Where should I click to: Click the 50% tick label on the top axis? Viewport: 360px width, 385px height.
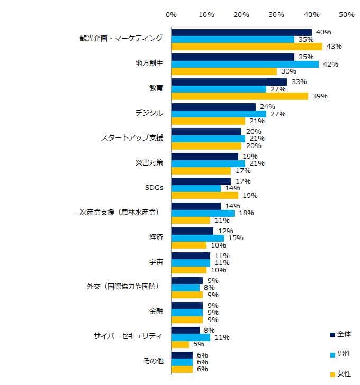coord(346,14)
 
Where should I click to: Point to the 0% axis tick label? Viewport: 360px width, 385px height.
coord(171,14)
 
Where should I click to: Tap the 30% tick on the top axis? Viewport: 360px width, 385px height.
coord(276,14)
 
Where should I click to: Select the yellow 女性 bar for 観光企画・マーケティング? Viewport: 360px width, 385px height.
coord(247,47)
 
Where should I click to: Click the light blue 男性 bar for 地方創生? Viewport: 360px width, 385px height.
coord(245,64)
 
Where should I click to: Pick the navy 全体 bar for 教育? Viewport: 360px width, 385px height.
coord(229,82)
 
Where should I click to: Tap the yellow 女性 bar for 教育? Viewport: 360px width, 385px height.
coord(239,96)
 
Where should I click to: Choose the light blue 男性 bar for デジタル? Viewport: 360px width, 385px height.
coord(218,114)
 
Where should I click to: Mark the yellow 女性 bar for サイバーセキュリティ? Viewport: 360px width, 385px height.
coord(180,344)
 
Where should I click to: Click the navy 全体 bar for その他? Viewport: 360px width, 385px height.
coord(182,355)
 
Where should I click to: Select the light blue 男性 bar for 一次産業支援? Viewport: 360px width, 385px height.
coord(203,213)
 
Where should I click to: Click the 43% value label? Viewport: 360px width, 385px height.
coord(334,47)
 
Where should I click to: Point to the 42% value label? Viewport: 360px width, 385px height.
coord(330,64)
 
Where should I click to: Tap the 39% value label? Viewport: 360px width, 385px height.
coord(320,96)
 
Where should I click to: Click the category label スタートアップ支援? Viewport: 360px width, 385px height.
coord(131,138)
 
